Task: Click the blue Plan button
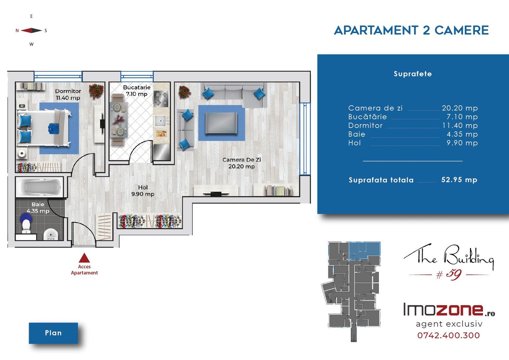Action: [x=53, y=333]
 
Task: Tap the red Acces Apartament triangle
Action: [x=84, y=258]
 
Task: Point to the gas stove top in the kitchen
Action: [x=161, y=99]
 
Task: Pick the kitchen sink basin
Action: [x=161, y=121]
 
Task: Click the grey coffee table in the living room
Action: [x=221, y=123]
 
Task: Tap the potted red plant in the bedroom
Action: [x=96, y=91]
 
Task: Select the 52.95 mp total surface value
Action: [x=459, y=180]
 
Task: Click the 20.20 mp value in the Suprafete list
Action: [x=460, y=108]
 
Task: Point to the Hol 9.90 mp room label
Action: [x=143, y=191]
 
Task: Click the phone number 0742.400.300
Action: [x=449, y=335]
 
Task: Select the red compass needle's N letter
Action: [x=17, y=31]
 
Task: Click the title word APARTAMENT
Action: [x=376, y=30]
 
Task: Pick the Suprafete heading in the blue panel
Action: [x=413, y=74]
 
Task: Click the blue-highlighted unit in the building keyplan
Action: [x=365, y=251]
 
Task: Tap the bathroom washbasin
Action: [x=51, y=234]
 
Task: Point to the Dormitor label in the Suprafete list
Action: [x=365, y=126]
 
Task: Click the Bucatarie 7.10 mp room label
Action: [x=137, y=91]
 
